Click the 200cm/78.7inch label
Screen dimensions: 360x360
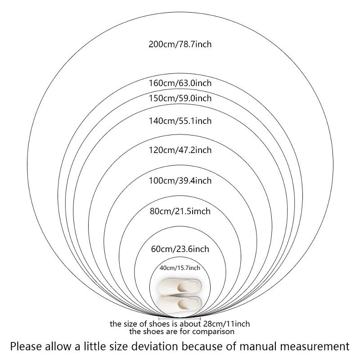[x=180, y=44]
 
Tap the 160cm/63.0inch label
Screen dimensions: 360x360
[x=180, y=83]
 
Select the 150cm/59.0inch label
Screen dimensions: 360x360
[x=180, y=98]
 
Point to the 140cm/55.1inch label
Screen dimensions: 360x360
[x=180, y=121]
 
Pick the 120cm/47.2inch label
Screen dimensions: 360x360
[x=180, y=150]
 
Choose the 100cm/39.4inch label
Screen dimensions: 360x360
[x=180, y=181]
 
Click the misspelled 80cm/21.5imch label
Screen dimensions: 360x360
[x=180, y=211]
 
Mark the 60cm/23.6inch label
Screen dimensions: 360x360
[x=180, y=249]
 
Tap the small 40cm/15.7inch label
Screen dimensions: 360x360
[x=180, y=268]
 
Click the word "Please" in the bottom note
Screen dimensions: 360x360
[x=26, y=346]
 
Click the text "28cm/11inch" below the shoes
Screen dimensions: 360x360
[x=226, y=324]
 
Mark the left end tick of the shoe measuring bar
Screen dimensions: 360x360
[x=159, y=319]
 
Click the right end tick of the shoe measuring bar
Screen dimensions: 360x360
[x=200, y=319]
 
